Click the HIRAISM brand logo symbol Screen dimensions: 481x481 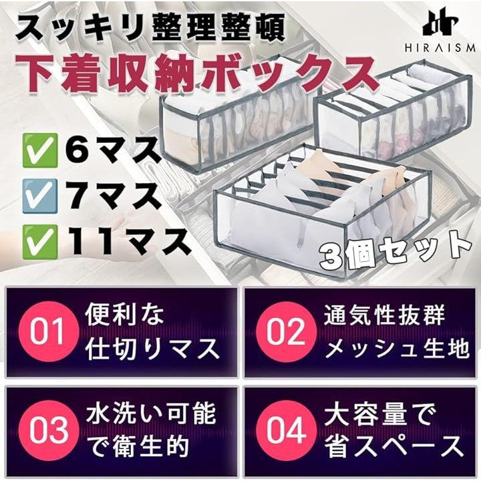[x=440, y=25]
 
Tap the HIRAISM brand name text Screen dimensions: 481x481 [x=440, y=48]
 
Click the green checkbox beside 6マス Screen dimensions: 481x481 [x=40, y=150]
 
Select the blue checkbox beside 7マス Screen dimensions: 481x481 [x=40, y=196]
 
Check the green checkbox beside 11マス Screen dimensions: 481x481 [x=40, y=242]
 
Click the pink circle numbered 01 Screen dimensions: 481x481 [x=48, y=332]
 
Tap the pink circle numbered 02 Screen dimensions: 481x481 [x=287, y=332]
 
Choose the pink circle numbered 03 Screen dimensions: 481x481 [x=48, y=431]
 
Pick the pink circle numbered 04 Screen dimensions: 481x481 [x=287, y=431]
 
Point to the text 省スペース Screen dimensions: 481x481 [x=393, y=447]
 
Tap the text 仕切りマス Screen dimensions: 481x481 [x=152, y=349]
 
